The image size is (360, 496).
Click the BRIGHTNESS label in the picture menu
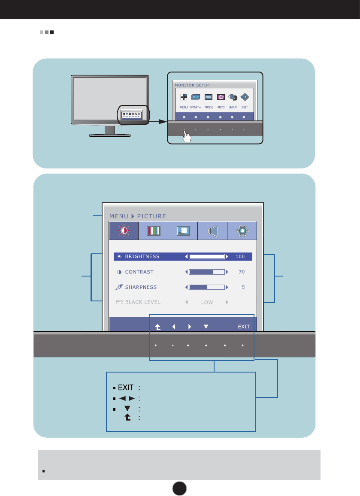click(x=142, y=257)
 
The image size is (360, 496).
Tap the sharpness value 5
click(x=243, y=287)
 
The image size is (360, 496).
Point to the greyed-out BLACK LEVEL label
click(x=142, y=302)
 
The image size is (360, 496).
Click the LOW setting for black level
click(x=207, y=302)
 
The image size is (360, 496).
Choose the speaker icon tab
click(x=212, y=231)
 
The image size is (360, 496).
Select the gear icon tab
click(x=242, y=231)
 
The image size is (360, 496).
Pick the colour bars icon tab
click(x=154, y=231)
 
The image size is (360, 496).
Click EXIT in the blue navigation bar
click(x=244, y=327)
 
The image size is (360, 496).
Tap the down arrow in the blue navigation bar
click(x=206, y=327)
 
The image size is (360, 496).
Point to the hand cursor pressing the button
click(x=187, y=136)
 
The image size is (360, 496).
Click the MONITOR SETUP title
click(x=192, y=85)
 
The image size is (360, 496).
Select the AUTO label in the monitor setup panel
click(x=221, y=107)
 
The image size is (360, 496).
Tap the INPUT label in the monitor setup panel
click(x=233, y=107)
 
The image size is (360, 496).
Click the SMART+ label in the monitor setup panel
click(x=196, y=107)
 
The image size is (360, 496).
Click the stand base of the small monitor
click(x=110, y=135)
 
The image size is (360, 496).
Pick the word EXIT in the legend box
click(x=126, y=388)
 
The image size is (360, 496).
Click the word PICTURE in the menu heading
click(x=151, y=216)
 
